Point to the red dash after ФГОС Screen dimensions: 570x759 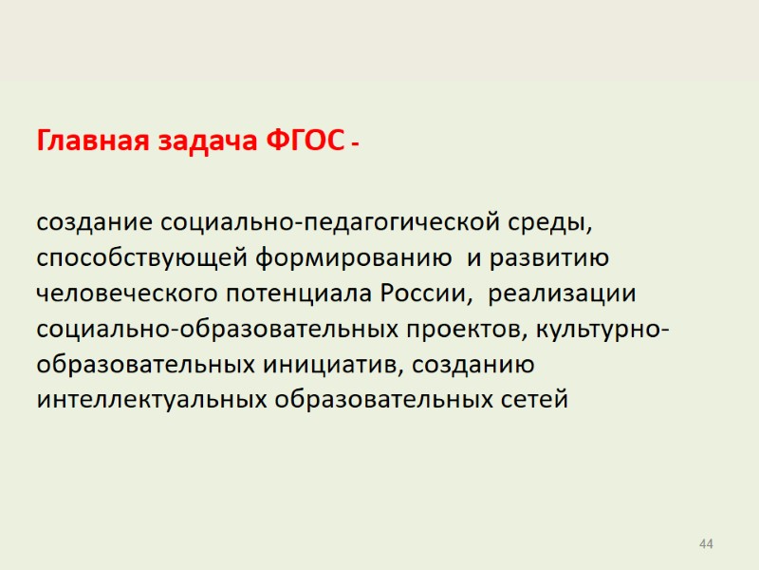(x=355, y=144)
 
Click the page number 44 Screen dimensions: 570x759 (x=705, y=543)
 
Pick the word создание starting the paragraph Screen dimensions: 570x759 (x=94, y=223)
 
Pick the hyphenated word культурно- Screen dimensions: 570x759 (x=605, y=330)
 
